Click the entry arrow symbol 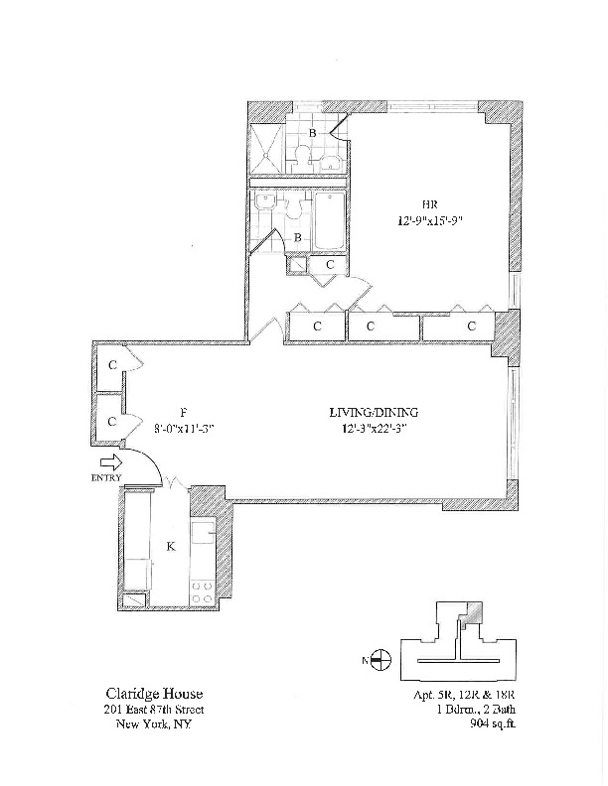click(111, 461)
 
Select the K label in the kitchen click(170, 545)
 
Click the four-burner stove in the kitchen click(204, 592)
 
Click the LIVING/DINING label click(375, 412)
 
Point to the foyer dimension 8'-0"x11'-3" click(185, 429)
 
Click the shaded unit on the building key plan click(475, 614)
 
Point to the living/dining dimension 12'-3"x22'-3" click(375, 429)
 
